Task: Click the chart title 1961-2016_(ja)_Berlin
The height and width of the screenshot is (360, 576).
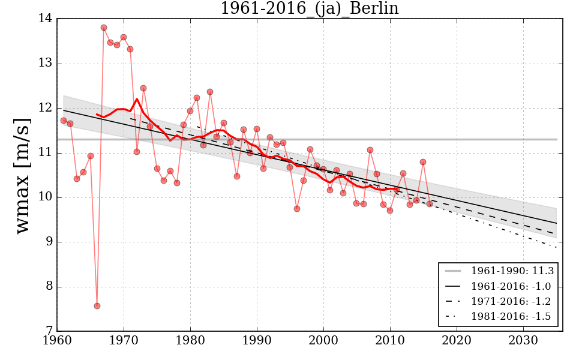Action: [309, 8]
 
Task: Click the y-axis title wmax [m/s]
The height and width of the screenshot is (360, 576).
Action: [22, 175]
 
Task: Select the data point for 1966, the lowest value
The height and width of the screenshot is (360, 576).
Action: [97, 306]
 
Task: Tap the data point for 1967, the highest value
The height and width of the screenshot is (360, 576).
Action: [104, 28]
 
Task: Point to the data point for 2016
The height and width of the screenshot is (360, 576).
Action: [430, 204]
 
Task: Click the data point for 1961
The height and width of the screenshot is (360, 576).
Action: [64, 121]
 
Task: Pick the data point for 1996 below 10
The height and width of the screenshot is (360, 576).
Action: [297, 209]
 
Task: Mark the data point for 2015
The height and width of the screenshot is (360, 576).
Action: [423, 162]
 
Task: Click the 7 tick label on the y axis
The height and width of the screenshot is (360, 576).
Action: [48, 331]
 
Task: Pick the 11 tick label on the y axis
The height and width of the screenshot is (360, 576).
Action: [46, 153]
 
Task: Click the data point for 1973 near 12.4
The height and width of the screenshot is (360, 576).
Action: [143, 88]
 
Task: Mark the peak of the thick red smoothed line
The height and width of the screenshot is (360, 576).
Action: [137, 99]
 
